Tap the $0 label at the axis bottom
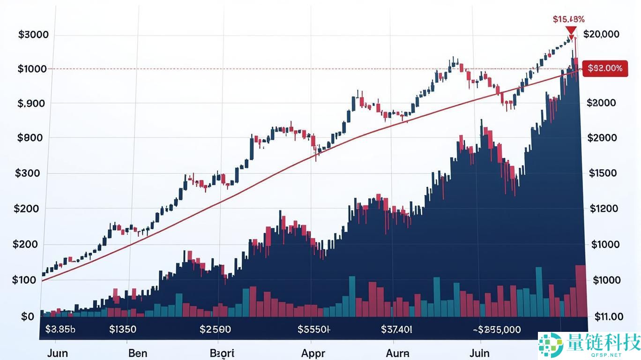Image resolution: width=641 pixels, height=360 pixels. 28,316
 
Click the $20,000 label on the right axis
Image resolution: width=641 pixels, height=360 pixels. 602,34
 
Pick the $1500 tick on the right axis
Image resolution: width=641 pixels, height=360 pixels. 603,173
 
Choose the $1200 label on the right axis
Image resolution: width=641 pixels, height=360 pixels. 604,209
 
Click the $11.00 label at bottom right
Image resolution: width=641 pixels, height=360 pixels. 609,316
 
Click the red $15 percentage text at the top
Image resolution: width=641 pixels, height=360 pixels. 568,19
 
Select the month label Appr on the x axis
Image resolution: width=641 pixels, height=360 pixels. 313,353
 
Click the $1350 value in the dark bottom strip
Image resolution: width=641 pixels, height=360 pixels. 122,329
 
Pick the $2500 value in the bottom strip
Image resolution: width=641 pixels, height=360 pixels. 215,329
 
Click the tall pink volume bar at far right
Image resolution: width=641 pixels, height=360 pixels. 581,291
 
